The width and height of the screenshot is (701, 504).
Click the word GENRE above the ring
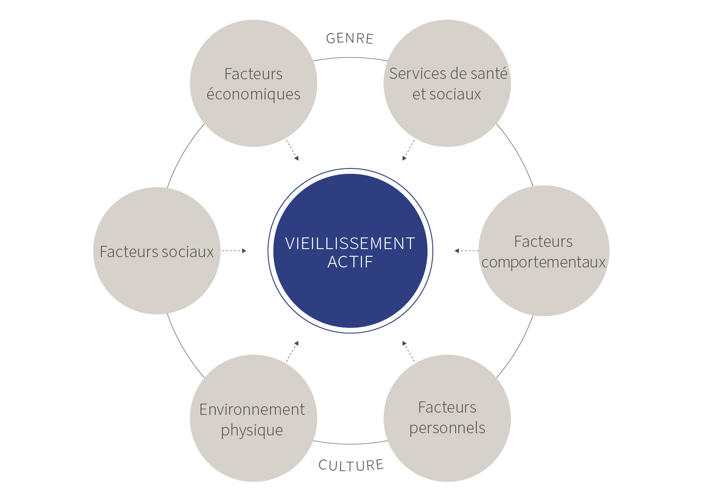[349, 39]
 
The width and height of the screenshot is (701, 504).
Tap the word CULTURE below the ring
[351, 465]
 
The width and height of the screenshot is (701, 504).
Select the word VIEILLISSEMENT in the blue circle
[350, 244]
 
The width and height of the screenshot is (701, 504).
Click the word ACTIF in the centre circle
[350, 262]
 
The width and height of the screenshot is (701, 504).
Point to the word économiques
[253, 95]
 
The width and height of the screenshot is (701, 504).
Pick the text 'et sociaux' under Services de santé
[447, 94]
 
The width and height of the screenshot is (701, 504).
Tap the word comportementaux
[544, 262]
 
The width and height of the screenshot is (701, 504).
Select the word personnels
[447, 428]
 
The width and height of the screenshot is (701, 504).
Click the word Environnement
[252, 409]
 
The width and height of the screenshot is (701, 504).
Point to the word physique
[252, 431]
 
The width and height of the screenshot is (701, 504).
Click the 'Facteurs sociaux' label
[157, 252]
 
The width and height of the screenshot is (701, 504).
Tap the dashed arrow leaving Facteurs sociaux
[234, 251]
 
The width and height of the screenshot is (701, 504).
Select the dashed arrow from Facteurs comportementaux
[466, 251]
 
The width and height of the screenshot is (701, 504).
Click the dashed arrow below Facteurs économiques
[292, 150]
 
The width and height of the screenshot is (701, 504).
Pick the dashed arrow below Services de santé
[409, 150]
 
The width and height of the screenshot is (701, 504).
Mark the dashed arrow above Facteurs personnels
[409, 351]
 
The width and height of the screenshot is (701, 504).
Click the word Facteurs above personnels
[447, 407]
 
